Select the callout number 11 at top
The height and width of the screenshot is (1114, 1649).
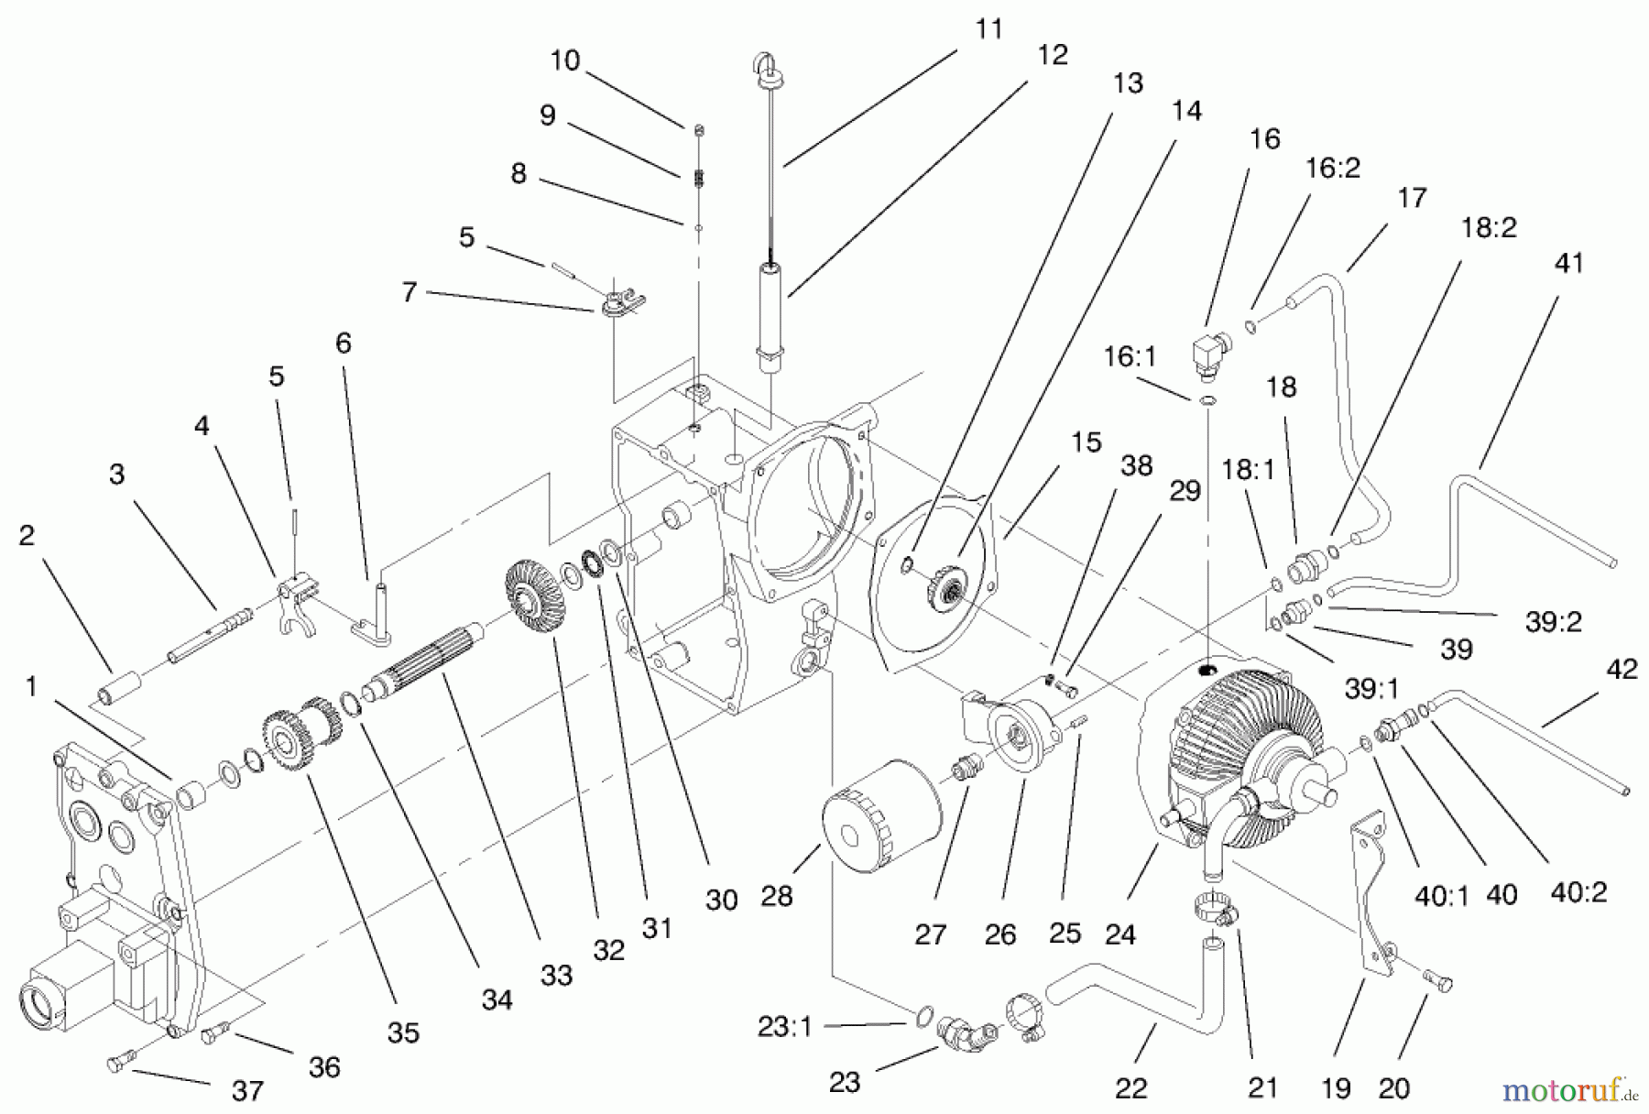988,29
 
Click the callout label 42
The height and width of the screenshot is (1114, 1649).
1622,670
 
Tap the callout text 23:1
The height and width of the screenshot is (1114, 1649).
785,1027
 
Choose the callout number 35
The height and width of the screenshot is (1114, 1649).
403,1032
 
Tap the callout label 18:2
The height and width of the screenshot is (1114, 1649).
1489,228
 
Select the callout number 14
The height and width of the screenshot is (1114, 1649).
1185,111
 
